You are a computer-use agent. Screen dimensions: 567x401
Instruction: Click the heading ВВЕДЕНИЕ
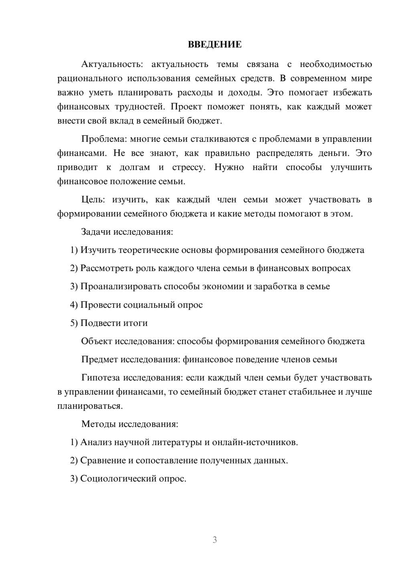tap(215, 45)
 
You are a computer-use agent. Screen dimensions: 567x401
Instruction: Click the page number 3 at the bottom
tap(215, 540)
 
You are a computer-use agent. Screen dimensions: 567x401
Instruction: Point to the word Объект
tap(97, 341)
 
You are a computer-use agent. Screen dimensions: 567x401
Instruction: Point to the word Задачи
tap(96, 232)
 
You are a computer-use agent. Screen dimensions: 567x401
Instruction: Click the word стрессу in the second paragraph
tap(188, 167)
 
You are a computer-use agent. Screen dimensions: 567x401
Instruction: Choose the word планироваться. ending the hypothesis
tap(90, 406)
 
